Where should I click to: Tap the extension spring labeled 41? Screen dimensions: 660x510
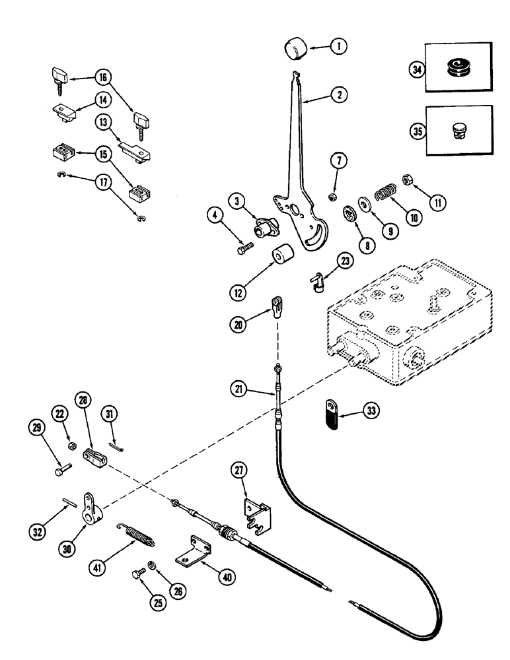[137, 532]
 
